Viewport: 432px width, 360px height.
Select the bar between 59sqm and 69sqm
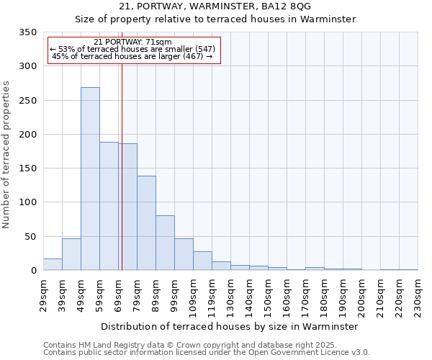click(109, 206)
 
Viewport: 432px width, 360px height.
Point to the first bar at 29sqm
click(53, 264)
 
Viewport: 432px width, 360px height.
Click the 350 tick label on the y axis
click(27, 32)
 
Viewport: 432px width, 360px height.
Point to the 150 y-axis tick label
click(27, 168)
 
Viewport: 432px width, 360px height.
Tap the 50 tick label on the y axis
click(30, 236)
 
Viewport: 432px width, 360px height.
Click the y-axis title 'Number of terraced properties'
click(6, 155)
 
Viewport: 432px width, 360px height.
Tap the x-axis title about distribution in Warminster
click(230, 326)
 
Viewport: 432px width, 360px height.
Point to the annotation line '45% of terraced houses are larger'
click(132, 56)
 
